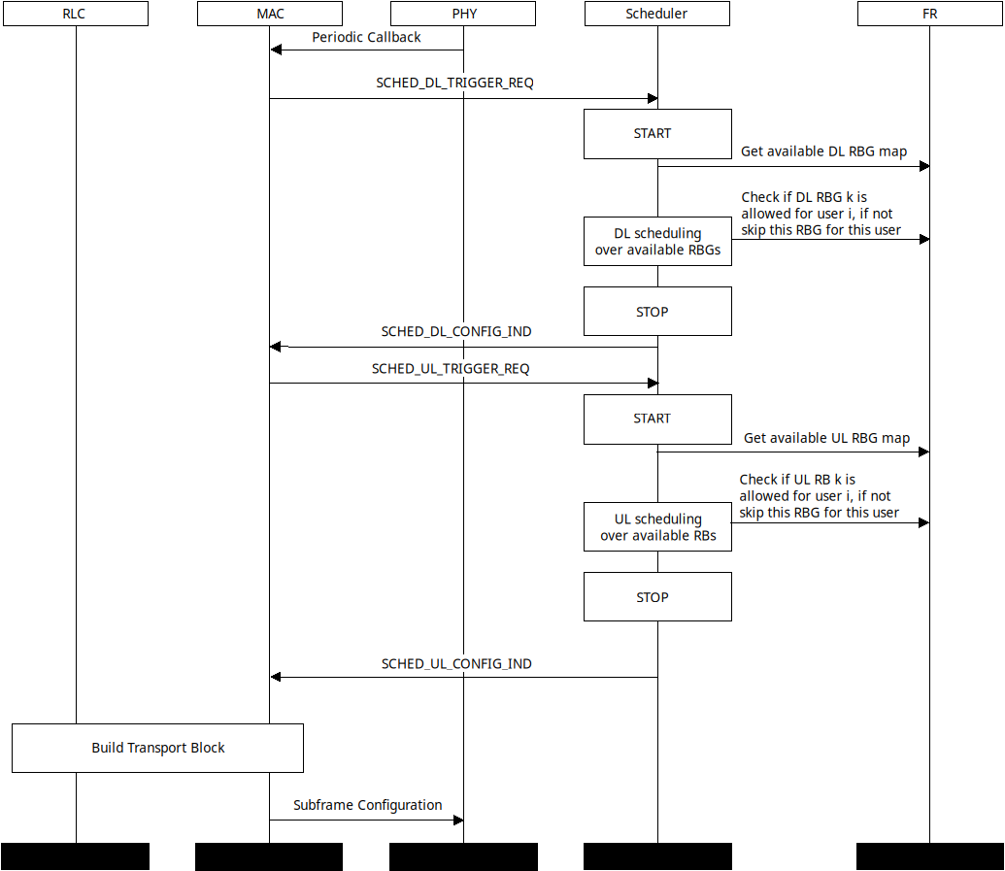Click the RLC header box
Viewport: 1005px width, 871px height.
coord(75,14)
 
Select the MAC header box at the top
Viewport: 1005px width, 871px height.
coord(269,14)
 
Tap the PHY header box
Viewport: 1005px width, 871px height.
coord(463,14)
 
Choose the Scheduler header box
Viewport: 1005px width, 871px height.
coord(657,14)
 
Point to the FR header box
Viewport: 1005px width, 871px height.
coord(929,14)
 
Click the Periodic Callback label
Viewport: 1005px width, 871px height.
coord(366,37)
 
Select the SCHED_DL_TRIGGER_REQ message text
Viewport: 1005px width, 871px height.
coord(454,84)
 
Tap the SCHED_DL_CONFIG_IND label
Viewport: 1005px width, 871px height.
coord(456,332)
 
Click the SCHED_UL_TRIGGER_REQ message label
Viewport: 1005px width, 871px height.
coord(451,369)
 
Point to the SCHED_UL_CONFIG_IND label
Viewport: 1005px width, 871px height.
coord(456,664)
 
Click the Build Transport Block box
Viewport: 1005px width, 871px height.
coord(157,748)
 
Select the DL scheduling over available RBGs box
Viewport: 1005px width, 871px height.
coord(657,241)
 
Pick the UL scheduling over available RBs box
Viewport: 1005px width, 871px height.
coord(657,526)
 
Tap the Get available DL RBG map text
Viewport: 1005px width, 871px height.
coord(823,151)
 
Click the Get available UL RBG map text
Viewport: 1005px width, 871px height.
coord(826,438)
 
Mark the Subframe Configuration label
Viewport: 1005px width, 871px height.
coord(367,805)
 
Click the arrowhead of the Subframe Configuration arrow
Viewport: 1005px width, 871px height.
coord(458,821)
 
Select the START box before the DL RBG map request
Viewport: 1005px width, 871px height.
coord(657,134)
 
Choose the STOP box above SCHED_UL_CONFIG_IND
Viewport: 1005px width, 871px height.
coord(657,597)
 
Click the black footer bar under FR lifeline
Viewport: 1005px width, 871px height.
coord(929,856)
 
